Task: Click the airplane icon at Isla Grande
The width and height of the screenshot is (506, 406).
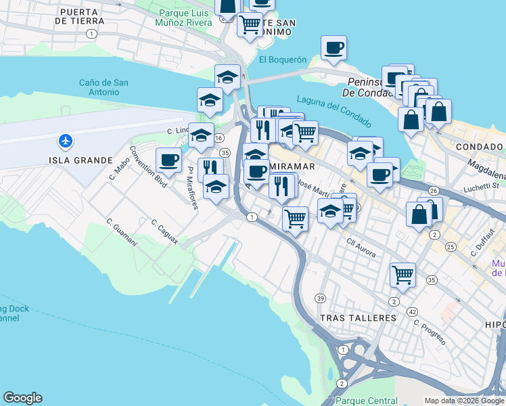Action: [66, 141]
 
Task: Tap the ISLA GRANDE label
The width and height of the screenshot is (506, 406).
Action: [80, 160]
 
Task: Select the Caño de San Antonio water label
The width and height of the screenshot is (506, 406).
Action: [103, 87]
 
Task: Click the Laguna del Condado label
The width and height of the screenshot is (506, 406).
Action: [334, 108]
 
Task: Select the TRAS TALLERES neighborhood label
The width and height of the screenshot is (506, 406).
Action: [357, 318]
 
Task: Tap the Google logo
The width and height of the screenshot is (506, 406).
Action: [22, 398]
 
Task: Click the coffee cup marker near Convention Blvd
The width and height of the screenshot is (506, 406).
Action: [168, 160]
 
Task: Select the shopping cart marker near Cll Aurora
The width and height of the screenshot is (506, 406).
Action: [402, 275]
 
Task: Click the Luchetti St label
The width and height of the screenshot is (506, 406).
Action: [485, 185]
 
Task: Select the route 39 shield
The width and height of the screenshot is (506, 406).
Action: [321, 298]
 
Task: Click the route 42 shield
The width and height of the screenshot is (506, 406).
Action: [411, 311]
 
